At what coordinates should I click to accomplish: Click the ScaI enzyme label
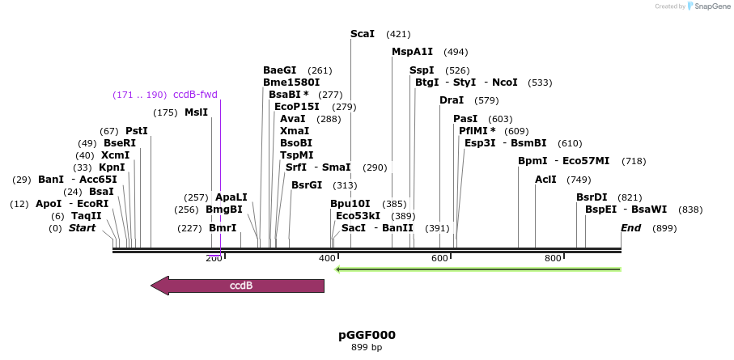363,34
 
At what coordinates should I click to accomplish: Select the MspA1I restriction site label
413,52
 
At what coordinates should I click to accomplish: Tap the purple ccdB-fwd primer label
195,95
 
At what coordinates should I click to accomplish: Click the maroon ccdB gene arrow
238,286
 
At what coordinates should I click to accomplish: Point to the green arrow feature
477,269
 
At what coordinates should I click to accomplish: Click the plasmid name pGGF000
367,335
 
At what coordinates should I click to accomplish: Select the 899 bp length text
367,348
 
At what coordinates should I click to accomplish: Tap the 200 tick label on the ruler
213,259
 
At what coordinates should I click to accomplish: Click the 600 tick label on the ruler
439,259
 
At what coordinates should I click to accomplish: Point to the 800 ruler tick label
553,259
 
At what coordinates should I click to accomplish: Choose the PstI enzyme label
137,131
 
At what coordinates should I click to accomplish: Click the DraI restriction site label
452,100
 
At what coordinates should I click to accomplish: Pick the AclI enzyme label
545,180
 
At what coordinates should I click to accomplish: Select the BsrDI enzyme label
592,197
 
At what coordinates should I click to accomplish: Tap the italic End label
631,228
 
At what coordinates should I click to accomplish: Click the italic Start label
82,228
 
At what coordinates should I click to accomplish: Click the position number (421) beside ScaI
398,34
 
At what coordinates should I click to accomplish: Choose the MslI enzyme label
196,112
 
